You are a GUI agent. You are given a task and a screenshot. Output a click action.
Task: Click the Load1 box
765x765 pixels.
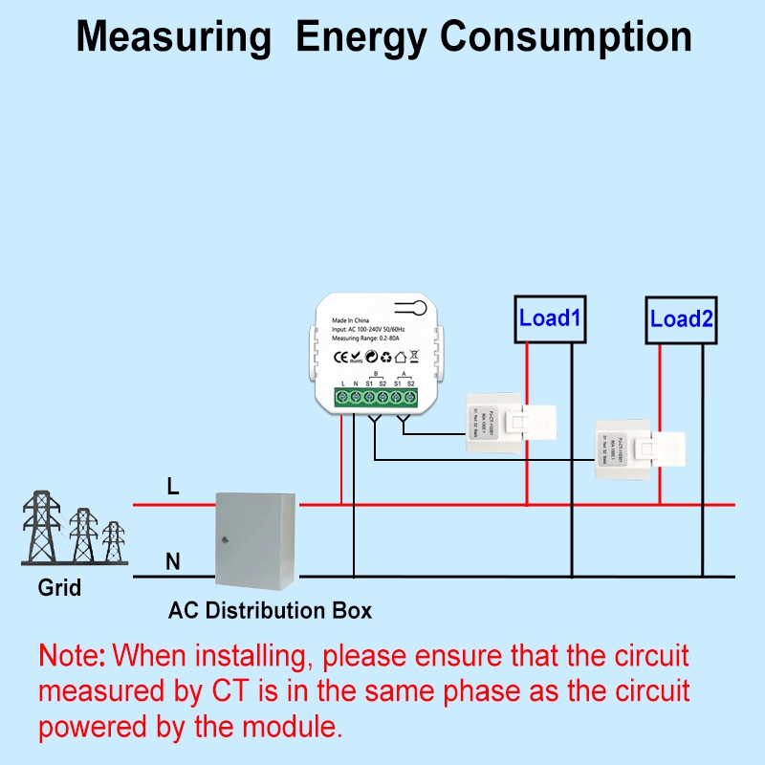(x=550, y=317)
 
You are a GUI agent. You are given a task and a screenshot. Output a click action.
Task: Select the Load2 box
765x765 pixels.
(x=681, y=318)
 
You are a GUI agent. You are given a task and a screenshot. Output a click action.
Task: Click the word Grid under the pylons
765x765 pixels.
(x=60, y=587)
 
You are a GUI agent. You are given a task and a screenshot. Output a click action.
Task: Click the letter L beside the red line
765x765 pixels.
(x=173, y=487)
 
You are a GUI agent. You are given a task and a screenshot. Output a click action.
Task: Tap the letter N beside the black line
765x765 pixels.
(x=173, y=561)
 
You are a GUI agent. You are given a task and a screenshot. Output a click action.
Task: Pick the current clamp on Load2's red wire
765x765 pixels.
(x=638, y=445)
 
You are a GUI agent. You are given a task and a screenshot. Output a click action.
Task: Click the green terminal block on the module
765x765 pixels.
(x=377, y=397)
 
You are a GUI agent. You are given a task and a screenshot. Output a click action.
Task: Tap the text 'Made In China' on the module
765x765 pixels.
(x=356, y=319)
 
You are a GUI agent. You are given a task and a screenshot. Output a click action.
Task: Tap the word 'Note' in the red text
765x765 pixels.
(x=72, y=656)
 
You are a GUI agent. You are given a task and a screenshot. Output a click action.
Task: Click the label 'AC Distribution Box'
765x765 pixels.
(x=271, y=610)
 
